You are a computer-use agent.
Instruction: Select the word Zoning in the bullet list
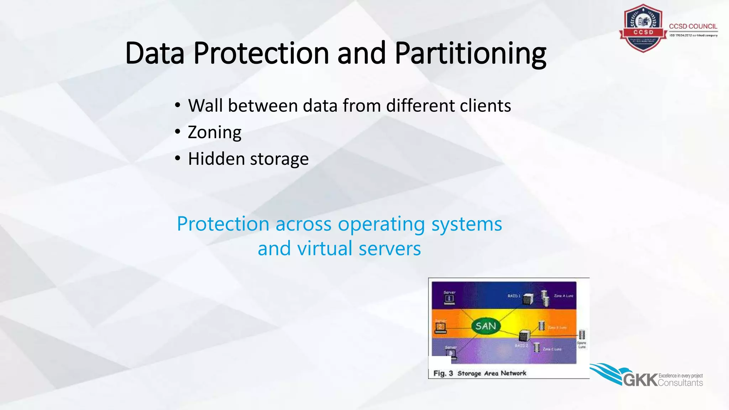[x=214, y=132]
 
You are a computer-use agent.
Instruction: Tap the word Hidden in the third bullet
[x=216, y=159]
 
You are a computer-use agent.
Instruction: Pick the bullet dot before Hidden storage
[x=178, y=158]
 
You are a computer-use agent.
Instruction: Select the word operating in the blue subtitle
[x=381, y=224]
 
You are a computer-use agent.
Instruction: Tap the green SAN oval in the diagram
[x=486, y=326]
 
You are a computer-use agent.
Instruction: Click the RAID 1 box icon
[x=528, y=299]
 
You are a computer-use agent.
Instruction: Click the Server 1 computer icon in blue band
[x=449, y=299]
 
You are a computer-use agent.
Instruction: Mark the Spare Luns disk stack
[x=582, y=335]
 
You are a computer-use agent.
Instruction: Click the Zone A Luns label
[x=563, y=296]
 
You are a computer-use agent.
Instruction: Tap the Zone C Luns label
[x=552, y=349]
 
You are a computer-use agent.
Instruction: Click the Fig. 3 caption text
[x=479, y=373]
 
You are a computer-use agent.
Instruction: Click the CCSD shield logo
[x=643, y=28]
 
